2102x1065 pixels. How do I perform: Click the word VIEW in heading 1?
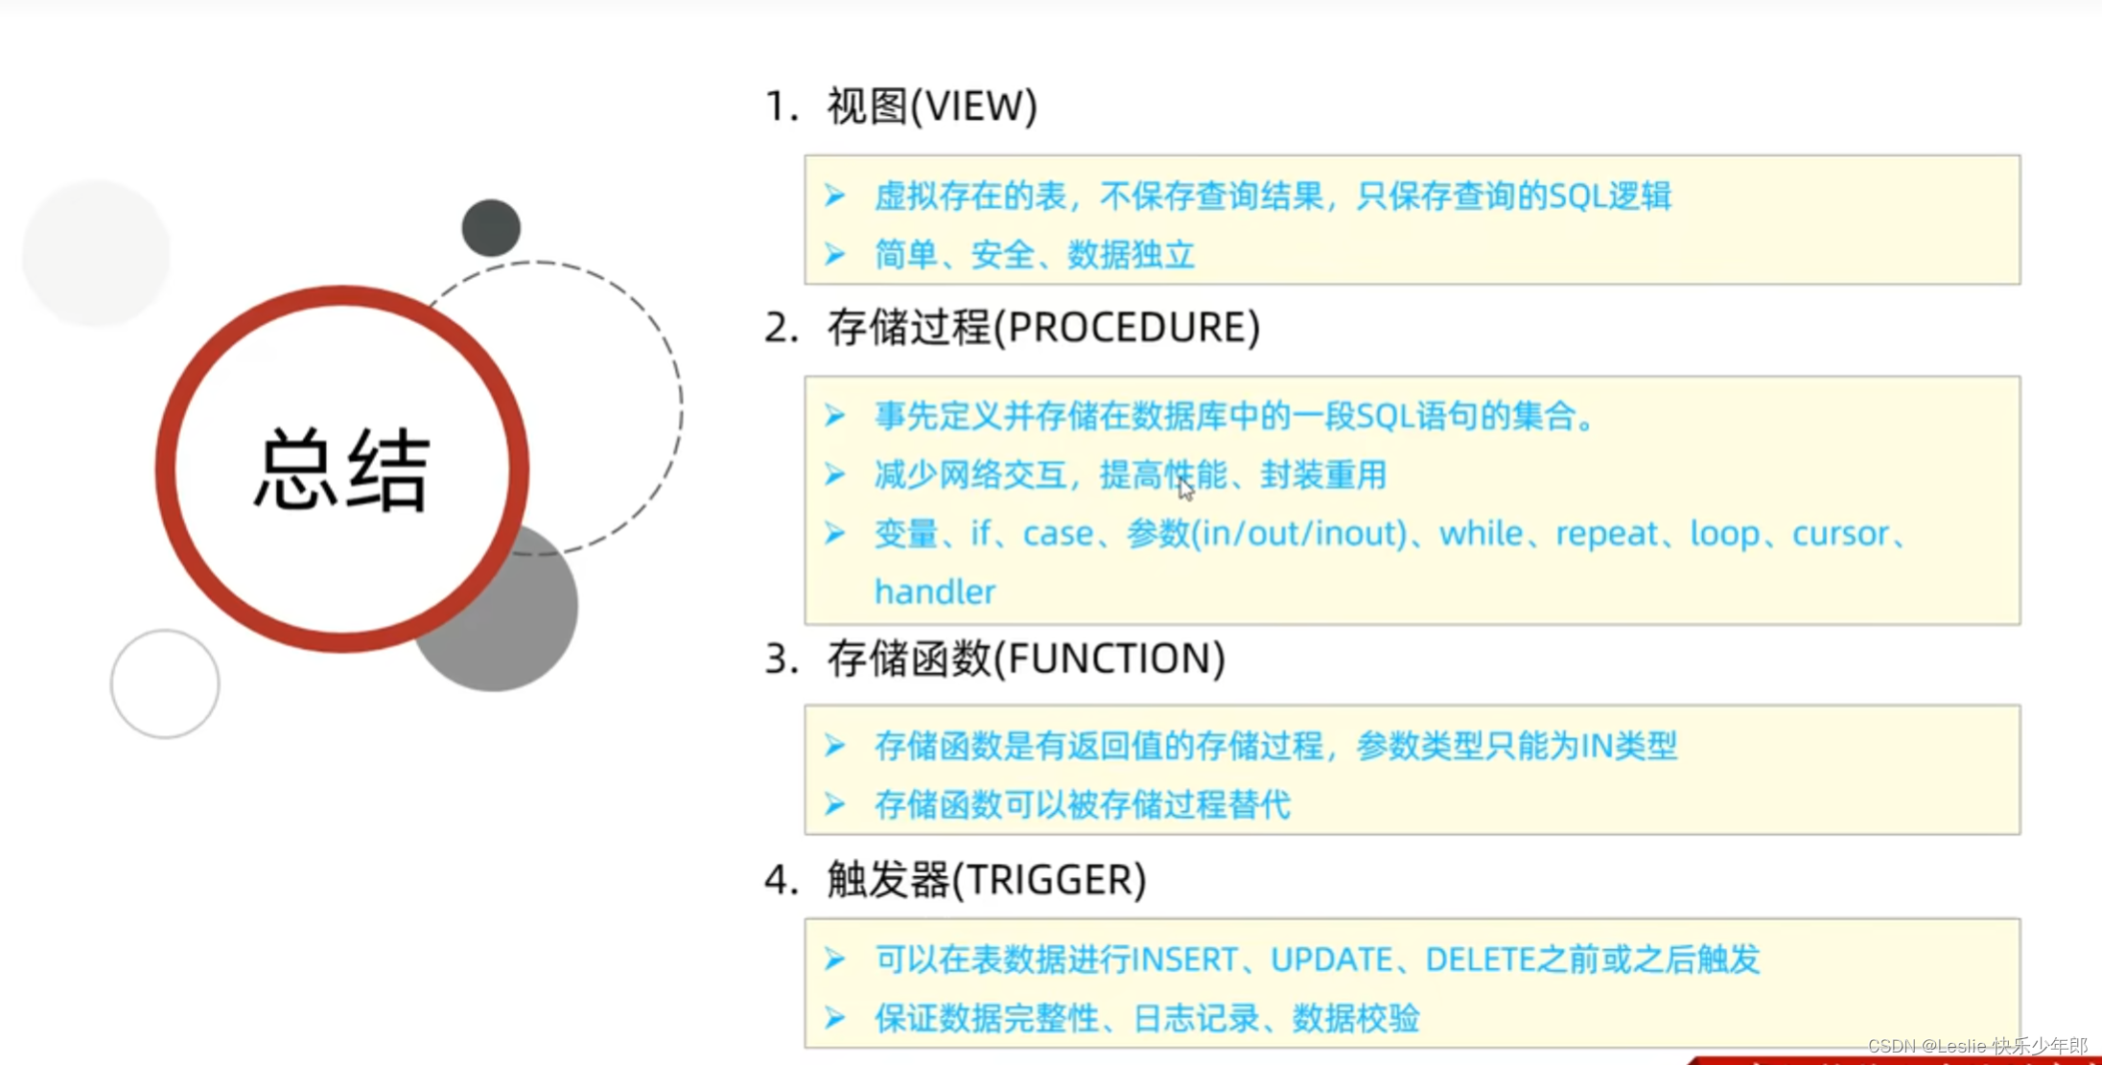pyautogui.click(x=972, y=106)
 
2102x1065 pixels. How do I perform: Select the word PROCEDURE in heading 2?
pyautogui.click(x=1126, y=328)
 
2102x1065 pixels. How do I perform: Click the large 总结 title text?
pyautogui.click(x=341, y=470)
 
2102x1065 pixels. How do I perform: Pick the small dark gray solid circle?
pyautogui.click(x=491, y=228)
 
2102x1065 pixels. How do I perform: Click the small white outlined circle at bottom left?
pyautogui.click(x=165, y=683)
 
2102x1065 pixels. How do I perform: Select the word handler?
pyautogui.click(x=935, y=592)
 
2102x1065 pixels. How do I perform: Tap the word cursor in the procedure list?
pyautogui.click(x=1840, y=533)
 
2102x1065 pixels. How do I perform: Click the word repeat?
pyautogui.click(x=1606, y=533)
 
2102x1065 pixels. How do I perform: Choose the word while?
pyautogui.click(x=1481, y=533)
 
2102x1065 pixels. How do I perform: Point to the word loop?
pyautogui.click(x=1724, y=533)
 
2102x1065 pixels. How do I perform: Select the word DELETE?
pyautogui.click(x=1481, y=960)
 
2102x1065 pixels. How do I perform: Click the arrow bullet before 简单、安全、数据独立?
pyautogui.click(x=835, y=255)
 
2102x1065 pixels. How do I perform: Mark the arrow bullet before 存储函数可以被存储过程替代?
pyautogui.click(x=835, y=804)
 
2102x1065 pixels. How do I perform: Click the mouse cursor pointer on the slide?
pyautogui.click(x=1186, y=489)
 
